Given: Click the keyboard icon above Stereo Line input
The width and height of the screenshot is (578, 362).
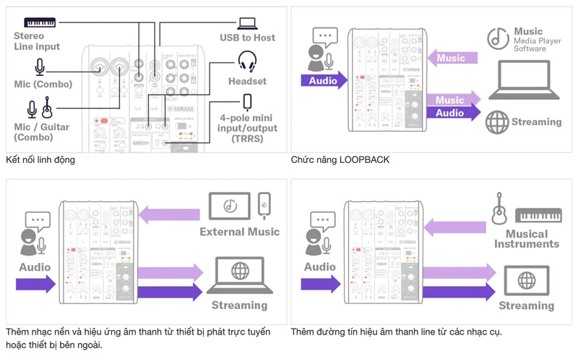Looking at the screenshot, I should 40,22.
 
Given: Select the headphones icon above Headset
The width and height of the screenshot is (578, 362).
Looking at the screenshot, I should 248,61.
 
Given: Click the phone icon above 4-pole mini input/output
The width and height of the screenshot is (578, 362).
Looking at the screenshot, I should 248,101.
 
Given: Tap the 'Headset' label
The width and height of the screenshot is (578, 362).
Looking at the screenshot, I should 248,81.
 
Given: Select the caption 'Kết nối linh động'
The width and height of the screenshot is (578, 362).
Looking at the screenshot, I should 40,159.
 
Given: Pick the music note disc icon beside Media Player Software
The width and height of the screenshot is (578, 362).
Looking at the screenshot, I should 498,38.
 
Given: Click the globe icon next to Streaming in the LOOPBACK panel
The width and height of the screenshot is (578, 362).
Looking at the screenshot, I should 497,122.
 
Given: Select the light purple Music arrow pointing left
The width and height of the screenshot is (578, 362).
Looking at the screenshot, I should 452,58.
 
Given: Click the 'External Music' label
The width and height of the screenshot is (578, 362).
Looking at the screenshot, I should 240,232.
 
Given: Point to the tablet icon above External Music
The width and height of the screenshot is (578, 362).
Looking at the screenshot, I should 230,206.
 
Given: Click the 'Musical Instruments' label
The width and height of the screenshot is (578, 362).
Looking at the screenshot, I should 527,239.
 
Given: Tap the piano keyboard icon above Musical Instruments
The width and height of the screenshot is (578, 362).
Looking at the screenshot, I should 538,215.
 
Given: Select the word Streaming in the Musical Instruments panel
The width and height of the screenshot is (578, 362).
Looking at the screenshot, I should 527,306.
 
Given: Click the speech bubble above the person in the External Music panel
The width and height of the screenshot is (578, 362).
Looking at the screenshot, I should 37,219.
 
